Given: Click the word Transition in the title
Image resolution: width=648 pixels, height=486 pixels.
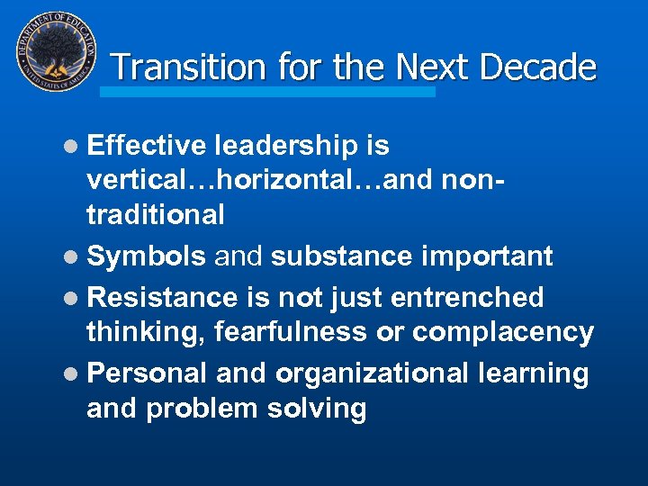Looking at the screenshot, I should click(x=189, y=67).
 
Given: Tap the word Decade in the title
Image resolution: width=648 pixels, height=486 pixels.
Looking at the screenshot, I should click(x=539, y=67).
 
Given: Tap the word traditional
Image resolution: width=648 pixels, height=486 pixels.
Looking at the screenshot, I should click(x=155, y=214).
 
